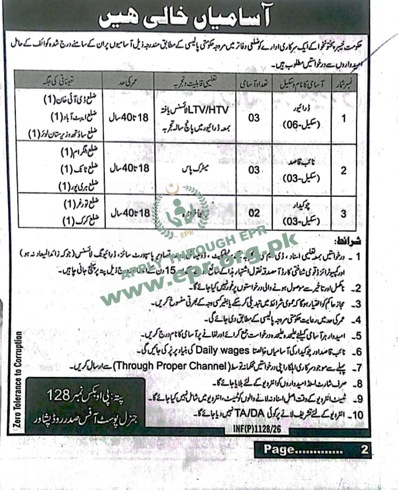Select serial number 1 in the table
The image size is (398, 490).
(x=343, y=117)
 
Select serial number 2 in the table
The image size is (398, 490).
(x=343, y=170)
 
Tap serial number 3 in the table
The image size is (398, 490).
(x=343, y=214)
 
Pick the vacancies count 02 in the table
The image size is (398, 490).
(x=254, y=213)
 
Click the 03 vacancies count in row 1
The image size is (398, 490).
(x=254, y=118)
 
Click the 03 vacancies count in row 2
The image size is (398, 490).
(x=254, y=169)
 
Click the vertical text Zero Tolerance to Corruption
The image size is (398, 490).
(x=19, y=380)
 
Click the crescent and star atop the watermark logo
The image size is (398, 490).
(x=172, y=188)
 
